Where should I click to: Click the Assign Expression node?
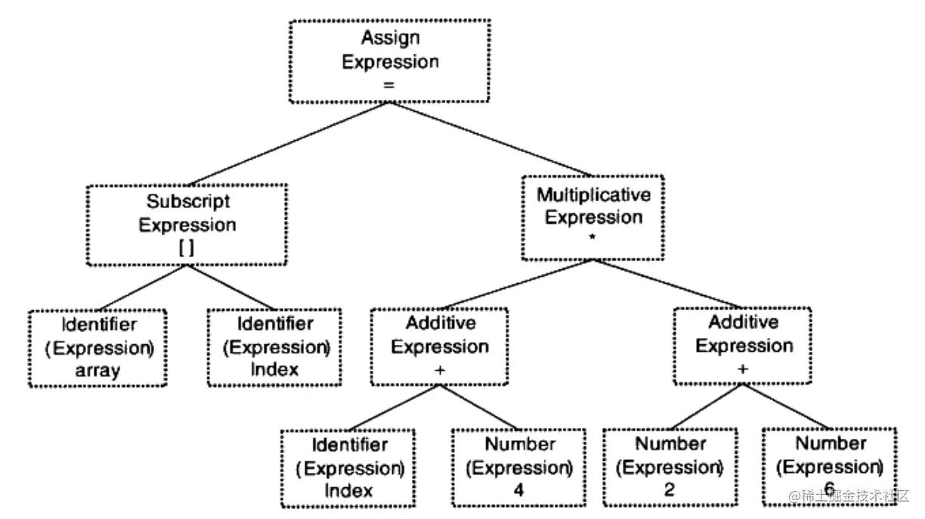click(390, 61)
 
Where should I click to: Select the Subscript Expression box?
click(187, 224)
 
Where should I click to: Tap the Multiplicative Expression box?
click(593, 216)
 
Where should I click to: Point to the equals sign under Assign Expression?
click(389, 85)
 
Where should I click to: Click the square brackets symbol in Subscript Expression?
click(186, 247)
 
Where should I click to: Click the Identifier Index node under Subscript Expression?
click(274, 347)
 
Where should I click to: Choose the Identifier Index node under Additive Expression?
click(348, 467)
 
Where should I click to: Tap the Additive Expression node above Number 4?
click(440, 347)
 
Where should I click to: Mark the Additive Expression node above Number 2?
click(744, 345)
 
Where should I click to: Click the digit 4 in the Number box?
click(518, 490)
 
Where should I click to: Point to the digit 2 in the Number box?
click(670, 490)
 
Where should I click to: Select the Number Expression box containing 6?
click(828, 466)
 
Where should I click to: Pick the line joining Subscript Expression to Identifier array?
click(141, 287)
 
